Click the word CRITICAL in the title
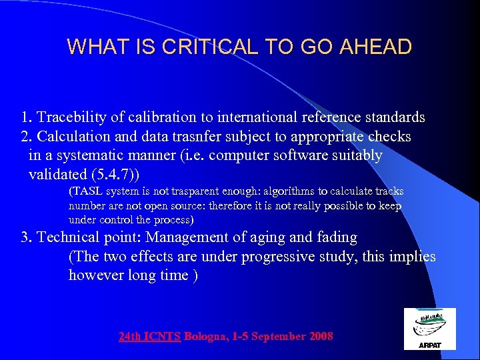tap(213, 47)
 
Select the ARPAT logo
tap(430, 329)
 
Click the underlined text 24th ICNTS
tap(149, 337)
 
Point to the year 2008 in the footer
tap(321, 337)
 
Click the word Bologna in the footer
tap(205, 337)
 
